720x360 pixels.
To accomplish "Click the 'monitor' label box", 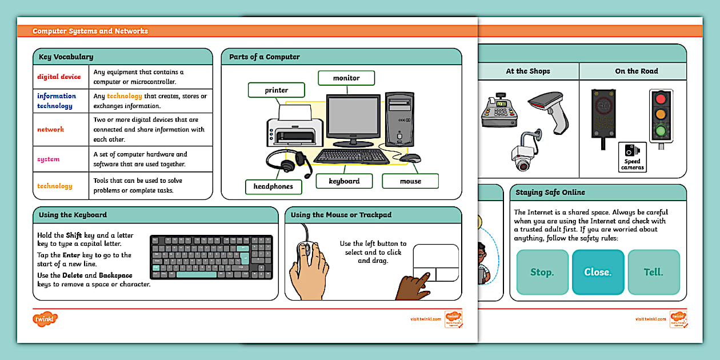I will tap(346, 78).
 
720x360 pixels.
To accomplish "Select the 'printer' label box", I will tap(276, 90).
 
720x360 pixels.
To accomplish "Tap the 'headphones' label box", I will tap(273, 186).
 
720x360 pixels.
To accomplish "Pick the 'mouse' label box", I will tap(410, 181).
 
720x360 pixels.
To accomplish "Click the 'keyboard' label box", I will tap(344, 181).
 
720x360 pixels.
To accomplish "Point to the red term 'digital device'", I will tap(59, 77).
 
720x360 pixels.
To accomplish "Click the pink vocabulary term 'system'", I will tap(49, 159).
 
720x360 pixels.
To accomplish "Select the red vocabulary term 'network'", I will tap(51, 130).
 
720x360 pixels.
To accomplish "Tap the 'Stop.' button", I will tap(542, 272).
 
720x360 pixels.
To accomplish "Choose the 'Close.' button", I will tap(597, 272).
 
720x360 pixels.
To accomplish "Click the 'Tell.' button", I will tap(653, 272).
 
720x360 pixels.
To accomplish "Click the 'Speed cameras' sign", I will tap(633, 157).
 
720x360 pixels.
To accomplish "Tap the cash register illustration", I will tap(501, 111).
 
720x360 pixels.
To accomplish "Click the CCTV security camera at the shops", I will tap(525, 153).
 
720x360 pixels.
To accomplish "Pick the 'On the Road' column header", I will tap(636, 71).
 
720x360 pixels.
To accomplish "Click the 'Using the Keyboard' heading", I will tap(73, 215).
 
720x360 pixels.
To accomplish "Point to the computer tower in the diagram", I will tap(399, 120).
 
